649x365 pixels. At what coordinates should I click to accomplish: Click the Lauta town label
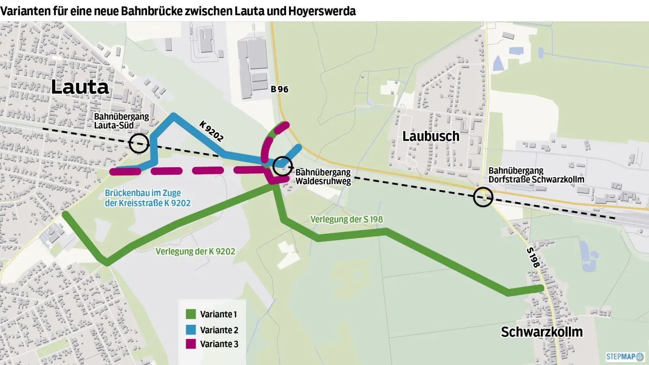(x=80, y=87)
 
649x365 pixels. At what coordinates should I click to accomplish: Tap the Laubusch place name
(x=431, y=136)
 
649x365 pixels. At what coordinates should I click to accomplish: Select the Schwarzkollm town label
(x=541, y=332)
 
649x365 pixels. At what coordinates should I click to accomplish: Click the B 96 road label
(x=280, y=89)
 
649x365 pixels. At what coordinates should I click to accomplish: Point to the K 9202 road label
(x=212, y=131)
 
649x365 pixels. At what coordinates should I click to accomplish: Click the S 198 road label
(x=533, y=257)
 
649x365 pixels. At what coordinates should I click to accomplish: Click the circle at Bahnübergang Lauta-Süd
(x=139, y=143)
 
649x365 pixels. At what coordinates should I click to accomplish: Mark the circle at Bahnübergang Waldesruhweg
(x=283, y=166)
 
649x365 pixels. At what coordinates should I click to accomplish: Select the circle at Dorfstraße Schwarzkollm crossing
(x=483, y=197)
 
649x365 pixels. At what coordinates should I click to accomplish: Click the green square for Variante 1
(x=191, y=314)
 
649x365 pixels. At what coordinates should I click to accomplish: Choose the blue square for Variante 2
(x=191, y=330)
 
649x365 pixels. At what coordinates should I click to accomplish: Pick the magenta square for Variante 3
(x=191, y=344)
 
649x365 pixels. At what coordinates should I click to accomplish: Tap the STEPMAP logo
(x=625, y=357)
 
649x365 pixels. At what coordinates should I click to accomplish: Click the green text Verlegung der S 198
(x=347, y=220)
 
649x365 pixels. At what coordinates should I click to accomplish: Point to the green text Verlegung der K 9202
(x=195, y=252)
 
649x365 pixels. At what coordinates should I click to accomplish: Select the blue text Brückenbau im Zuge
(x=143, y=193)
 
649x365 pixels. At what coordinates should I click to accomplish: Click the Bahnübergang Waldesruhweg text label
(x=323, y=177)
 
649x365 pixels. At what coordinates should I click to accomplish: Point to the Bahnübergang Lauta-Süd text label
(x=121, y=121)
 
